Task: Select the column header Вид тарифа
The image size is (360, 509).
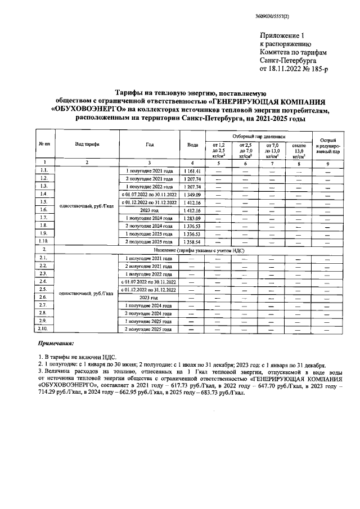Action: point(87,145)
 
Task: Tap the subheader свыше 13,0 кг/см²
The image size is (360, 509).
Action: point(299,151)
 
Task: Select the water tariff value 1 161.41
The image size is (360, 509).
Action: point(192,169)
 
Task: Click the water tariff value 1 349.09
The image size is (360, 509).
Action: point(192,194)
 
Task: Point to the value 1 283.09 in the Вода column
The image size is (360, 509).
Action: point(192,218)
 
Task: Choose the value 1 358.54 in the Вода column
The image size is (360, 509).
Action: point(192,241)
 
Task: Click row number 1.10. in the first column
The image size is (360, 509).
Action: point(44,241)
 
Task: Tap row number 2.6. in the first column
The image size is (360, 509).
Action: point(44,297)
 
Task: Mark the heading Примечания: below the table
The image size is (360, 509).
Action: point(56,343)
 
